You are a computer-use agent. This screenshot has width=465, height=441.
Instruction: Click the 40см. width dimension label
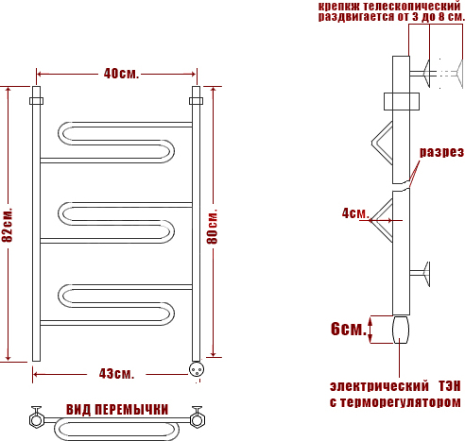pos(121,74)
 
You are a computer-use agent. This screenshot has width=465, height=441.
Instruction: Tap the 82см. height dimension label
pos(8,225)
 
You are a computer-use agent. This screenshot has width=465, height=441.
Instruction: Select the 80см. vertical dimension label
pos(212,227)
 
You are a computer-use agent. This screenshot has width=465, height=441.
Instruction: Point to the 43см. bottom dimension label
pos(116,374)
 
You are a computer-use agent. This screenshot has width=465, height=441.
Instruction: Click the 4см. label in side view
pos(355,213)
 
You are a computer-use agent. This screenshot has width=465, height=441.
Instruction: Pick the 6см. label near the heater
pos(349,329)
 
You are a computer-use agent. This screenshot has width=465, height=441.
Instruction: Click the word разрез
pos(441,152)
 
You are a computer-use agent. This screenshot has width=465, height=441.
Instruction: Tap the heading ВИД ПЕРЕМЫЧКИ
pos(117,410)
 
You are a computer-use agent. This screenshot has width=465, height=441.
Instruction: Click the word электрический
pos(379,386)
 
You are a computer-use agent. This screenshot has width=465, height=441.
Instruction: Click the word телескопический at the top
pos(412,6)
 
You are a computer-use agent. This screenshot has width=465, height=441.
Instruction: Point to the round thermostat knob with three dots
pos(197,369)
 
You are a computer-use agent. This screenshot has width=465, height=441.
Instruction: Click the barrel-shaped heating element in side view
pos(401,330)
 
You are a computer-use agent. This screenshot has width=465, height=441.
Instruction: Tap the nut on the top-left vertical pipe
pos(37,101)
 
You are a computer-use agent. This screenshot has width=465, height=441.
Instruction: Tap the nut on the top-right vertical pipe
pos(196,101)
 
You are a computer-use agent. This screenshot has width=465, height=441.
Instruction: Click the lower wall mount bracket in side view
pos(421,274)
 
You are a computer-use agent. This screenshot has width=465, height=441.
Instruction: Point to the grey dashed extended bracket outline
pos(451,74)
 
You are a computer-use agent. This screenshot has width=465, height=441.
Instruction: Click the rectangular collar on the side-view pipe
pos(402,101)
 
